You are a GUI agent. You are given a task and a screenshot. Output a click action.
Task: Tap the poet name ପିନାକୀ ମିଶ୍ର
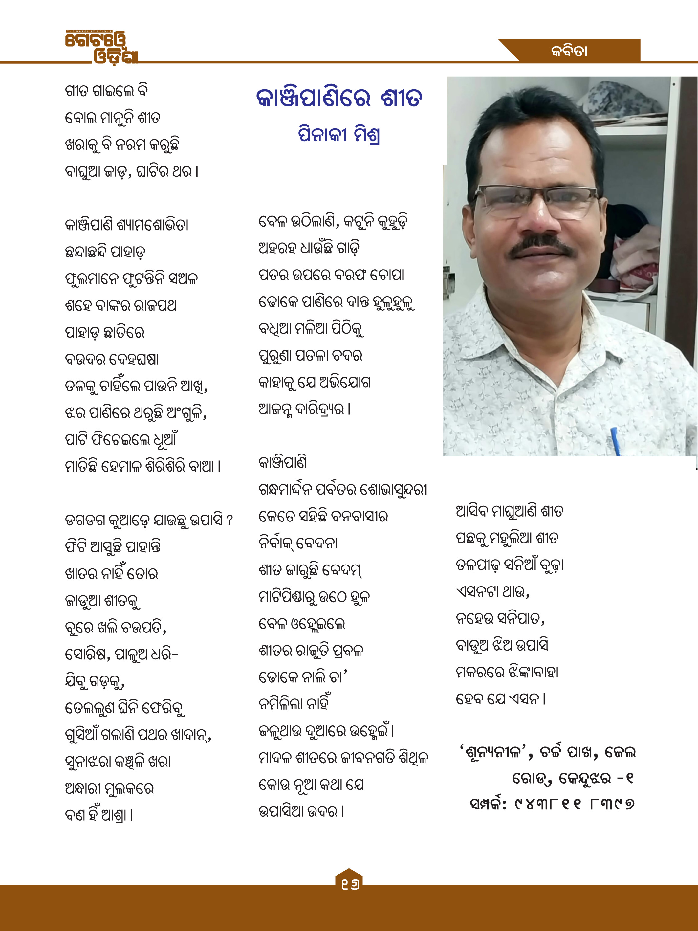339,135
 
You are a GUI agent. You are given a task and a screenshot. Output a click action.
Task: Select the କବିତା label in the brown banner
569,51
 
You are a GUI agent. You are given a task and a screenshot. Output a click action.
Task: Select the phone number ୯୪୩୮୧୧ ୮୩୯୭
574,804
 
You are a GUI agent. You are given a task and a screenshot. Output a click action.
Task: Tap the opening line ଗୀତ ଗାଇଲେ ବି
106,91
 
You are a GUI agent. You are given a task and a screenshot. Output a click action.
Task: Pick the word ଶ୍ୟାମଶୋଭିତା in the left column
152,225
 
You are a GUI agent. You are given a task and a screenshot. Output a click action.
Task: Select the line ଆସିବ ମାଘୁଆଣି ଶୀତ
510,511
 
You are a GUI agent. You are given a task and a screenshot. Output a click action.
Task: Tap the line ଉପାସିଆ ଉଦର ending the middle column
301,811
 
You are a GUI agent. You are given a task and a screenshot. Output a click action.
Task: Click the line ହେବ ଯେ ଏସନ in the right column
501,699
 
